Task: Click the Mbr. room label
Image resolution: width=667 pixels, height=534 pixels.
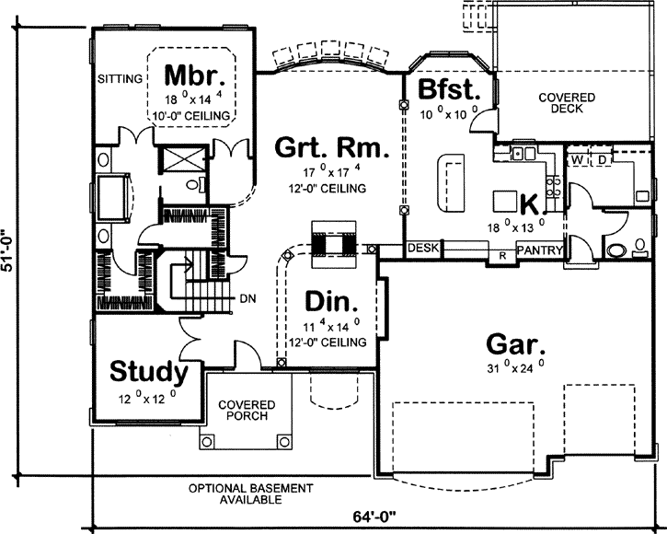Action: (191, 74)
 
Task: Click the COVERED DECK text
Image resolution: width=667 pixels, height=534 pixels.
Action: (566, 103)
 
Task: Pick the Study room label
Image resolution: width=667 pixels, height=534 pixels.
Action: (149, 372)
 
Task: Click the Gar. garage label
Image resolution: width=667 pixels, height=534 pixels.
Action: (515, 345)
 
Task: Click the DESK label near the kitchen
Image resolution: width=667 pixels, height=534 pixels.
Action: (423, 248)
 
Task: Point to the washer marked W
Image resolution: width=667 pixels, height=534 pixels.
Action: (577, 160)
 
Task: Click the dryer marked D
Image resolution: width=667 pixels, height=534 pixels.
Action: (604, 160)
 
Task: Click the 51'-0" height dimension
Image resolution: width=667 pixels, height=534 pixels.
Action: (9, 250)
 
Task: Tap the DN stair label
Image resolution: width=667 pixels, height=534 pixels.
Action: (247, 299)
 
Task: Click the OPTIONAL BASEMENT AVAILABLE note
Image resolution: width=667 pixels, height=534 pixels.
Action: (238, 493)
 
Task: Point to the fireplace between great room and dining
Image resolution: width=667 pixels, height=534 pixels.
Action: (332, 242)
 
